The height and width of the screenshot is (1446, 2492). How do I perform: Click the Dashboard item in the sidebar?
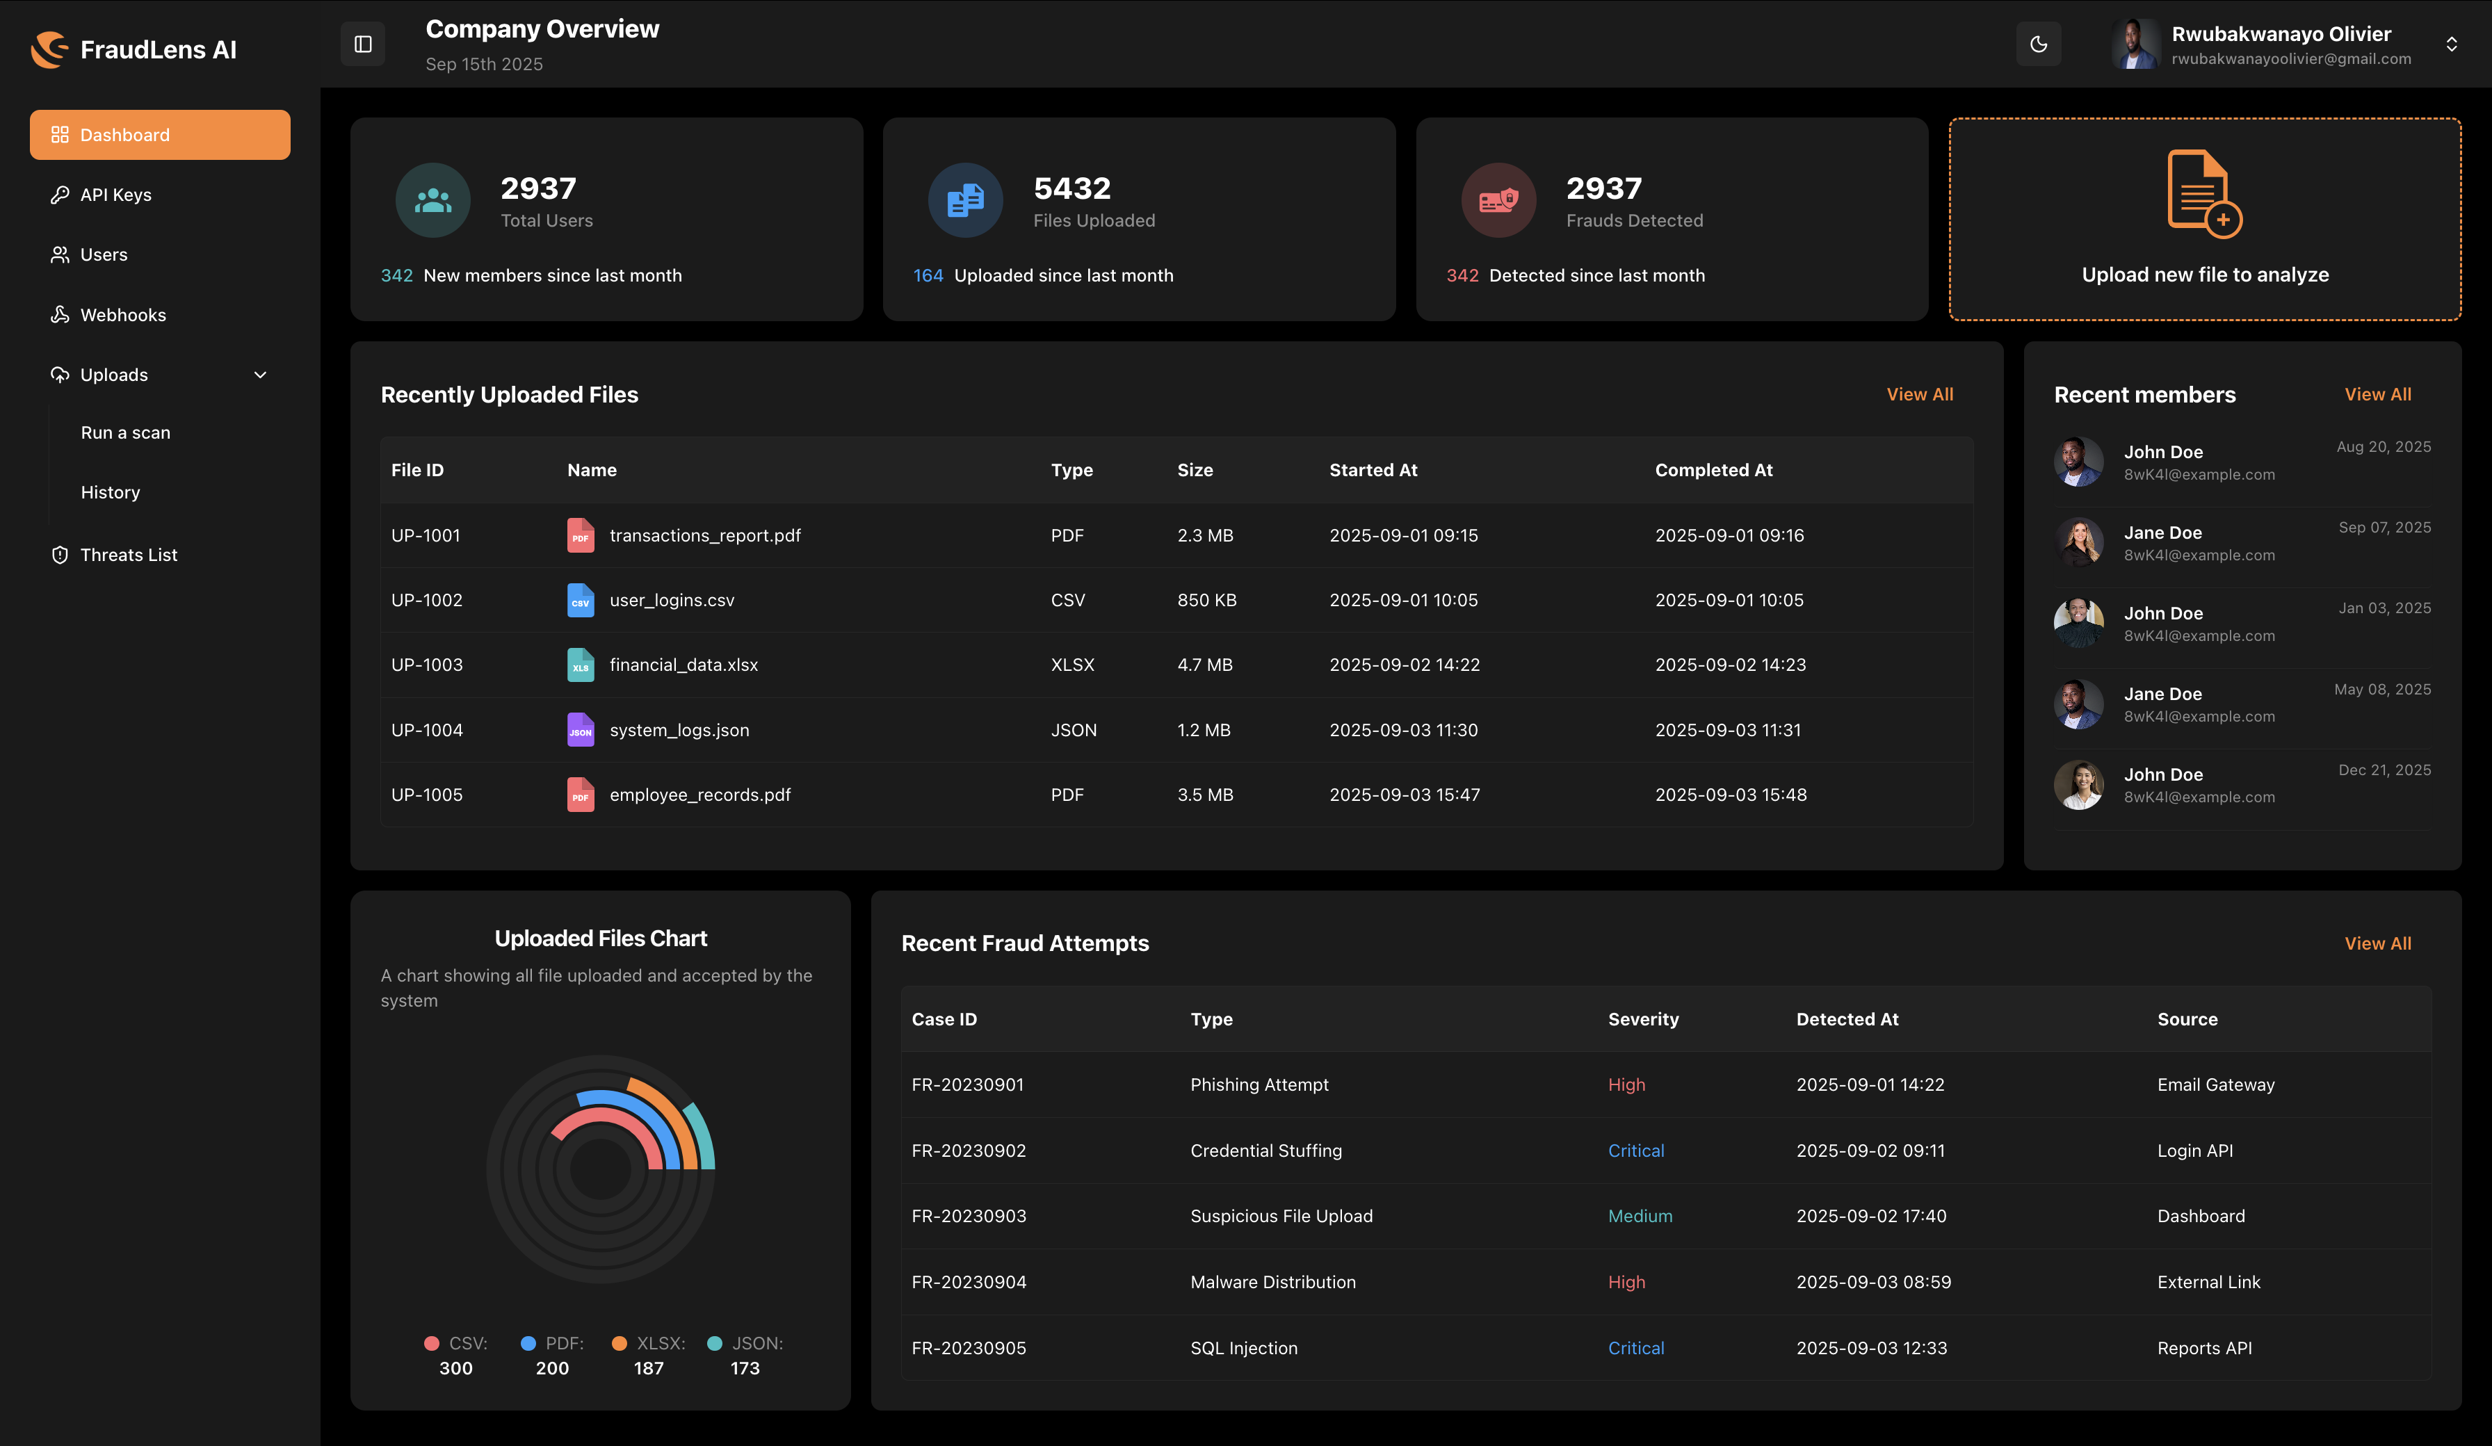[159, 134]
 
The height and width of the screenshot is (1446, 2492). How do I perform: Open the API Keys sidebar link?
[115, 195]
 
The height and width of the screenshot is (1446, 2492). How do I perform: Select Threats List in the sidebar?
[129, 555]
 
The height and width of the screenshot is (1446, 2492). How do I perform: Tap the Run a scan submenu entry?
[126, 432]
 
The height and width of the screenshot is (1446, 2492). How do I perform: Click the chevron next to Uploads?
[260, 375]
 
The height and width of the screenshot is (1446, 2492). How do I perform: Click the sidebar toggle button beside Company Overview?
[363, 44]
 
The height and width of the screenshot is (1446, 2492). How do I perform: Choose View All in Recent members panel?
[2377, 395]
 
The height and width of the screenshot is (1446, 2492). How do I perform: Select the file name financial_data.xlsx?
[683, 665]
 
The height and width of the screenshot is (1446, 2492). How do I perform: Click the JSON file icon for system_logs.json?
[581, 730]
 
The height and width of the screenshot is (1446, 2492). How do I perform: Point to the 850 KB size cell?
[1206, 601]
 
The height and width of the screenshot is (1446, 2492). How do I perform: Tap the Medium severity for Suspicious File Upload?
[1640, 1216]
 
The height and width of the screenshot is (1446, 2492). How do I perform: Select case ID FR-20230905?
[968, 1348]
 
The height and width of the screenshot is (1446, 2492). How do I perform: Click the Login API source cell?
[2194, 1151]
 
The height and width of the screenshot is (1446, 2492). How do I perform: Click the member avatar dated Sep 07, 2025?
[2079, 542]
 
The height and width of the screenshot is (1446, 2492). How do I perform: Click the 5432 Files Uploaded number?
[1072, 188]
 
